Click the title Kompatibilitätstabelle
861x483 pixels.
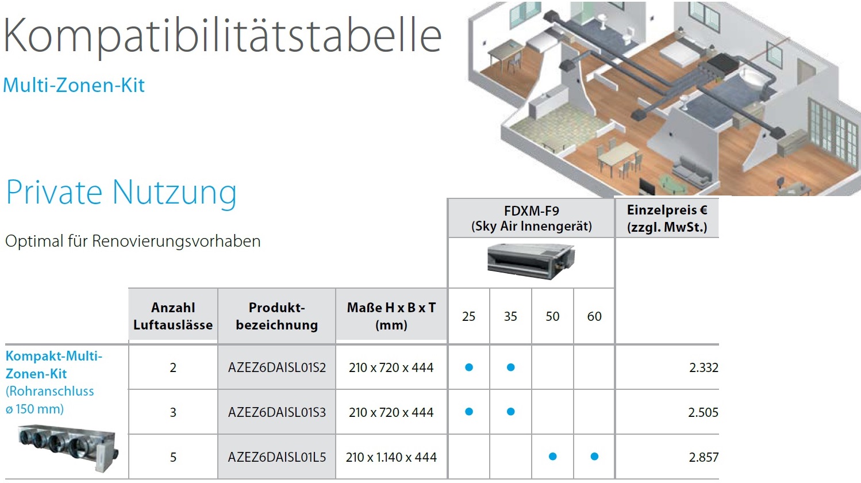click(222, 36)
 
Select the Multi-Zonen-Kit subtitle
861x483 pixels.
click(74, 85)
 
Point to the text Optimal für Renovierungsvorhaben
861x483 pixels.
click(133, 241)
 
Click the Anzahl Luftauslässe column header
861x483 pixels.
click(173, 316)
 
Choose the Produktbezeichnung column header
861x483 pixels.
click(277, 316)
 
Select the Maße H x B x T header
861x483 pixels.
click(391, 316)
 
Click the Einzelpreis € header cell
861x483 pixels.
click(667, 218)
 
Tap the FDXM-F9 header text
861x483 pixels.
click(532, 210)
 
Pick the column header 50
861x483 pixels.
click(552, 316)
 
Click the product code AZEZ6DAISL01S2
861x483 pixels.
click(277, 367)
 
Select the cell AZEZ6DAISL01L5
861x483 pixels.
click(277, 457)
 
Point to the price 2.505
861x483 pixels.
click(703, 412)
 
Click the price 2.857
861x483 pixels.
click(704, 457)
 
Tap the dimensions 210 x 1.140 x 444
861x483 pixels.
click(391, 457)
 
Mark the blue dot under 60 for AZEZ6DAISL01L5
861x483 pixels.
click(594, 457)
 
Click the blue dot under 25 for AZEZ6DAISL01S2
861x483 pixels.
click(469, 367)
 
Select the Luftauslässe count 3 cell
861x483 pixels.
click(173, 412)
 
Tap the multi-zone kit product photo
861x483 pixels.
click(68, 447)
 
